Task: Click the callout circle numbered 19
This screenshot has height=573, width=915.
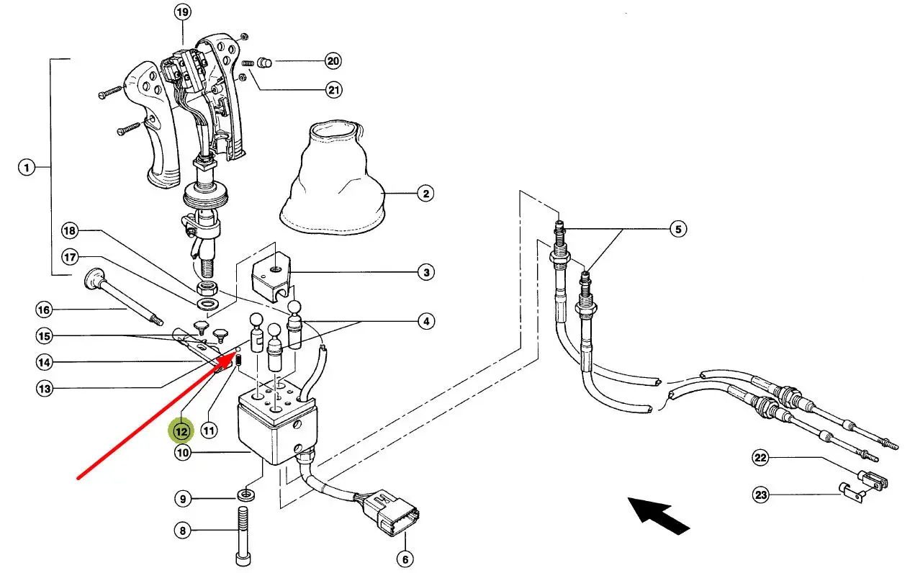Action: [x=183, y=12]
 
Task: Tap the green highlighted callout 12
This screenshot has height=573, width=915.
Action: [x=181, y=431]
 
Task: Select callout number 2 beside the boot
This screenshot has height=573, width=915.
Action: [x=425, y=194]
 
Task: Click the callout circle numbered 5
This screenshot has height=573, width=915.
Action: [x=677, y=230]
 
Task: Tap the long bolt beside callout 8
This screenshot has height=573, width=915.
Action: [x=242, y=535]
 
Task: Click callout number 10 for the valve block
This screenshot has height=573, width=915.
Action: [x=183, y=453]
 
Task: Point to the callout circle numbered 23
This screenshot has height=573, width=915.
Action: [x=761, y=495]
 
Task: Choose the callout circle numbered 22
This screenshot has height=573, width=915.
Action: [x=761, y=458]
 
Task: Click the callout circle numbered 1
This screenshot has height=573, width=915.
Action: [x=26, y=168]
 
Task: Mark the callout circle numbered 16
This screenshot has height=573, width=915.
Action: [x=45, y=310]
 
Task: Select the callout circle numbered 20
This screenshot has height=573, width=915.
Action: [x=333, y=61]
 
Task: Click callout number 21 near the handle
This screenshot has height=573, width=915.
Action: [x=333, y=90]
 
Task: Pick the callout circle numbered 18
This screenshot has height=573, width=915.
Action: [x=69, y=231]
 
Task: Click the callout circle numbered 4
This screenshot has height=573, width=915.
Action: [x=426, y=321]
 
